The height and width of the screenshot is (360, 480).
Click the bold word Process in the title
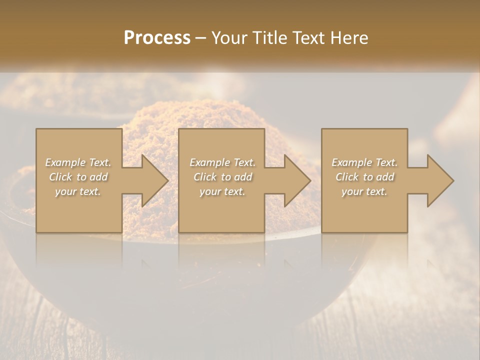[157, 38]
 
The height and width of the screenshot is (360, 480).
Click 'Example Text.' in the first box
[78, 162]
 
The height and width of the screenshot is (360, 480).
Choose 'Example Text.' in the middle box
[222, 162]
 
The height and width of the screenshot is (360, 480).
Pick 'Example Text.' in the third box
[364, 162]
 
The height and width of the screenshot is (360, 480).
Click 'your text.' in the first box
[78, 191]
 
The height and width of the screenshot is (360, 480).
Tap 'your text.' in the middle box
[222, 191]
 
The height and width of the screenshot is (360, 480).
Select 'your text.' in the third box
[364, 191]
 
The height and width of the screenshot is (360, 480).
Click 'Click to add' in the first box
[78, 177]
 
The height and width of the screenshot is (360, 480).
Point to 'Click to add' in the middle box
[222, 177]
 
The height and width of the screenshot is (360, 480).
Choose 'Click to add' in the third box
[364, 177]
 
